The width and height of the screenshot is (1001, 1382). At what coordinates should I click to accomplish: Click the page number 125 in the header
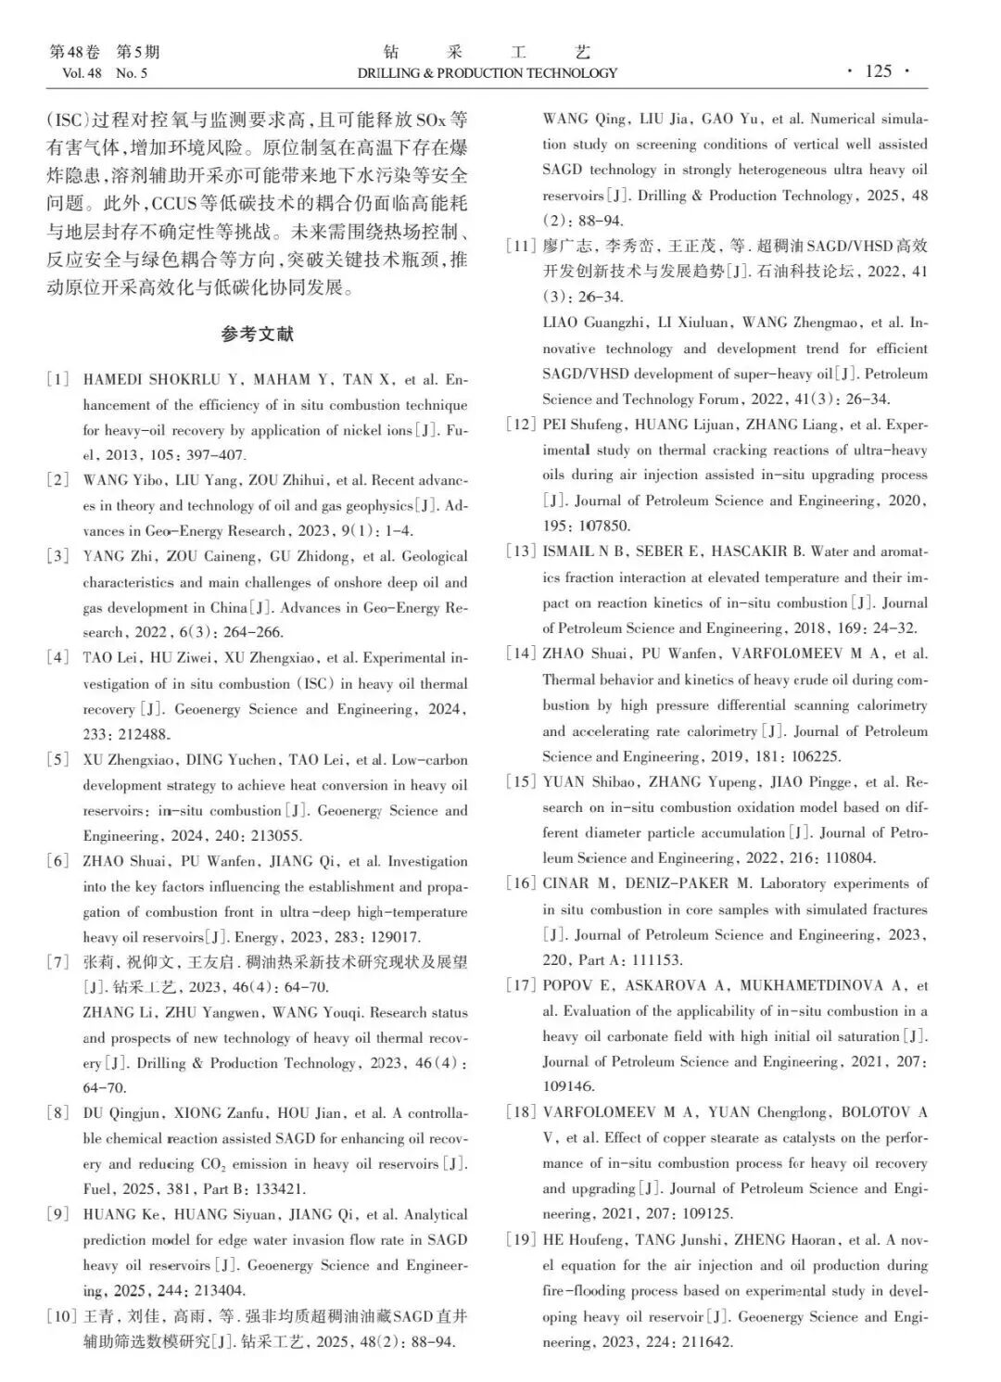point(878,71)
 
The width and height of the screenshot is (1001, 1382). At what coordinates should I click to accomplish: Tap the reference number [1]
point(58,379)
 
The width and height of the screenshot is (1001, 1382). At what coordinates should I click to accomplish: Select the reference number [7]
point(58,962)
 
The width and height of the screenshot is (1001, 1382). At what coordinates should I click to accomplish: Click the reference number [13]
point(521,552)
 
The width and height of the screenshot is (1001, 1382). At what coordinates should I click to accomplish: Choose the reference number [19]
point(521,1240)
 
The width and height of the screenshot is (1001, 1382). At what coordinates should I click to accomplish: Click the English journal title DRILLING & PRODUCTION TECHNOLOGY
point(487,73)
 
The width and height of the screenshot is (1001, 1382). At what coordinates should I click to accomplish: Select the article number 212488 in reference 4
point(141,735)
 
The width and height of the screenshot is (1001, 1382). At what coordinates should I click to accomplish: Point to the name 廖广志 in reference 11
point(564,247)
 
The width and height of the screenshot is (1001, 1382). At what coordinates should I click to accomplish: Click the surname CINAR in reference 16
point(565,883)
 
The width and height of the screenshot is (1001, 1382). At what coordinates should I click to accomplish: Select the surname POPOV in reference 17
point(567,985)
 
